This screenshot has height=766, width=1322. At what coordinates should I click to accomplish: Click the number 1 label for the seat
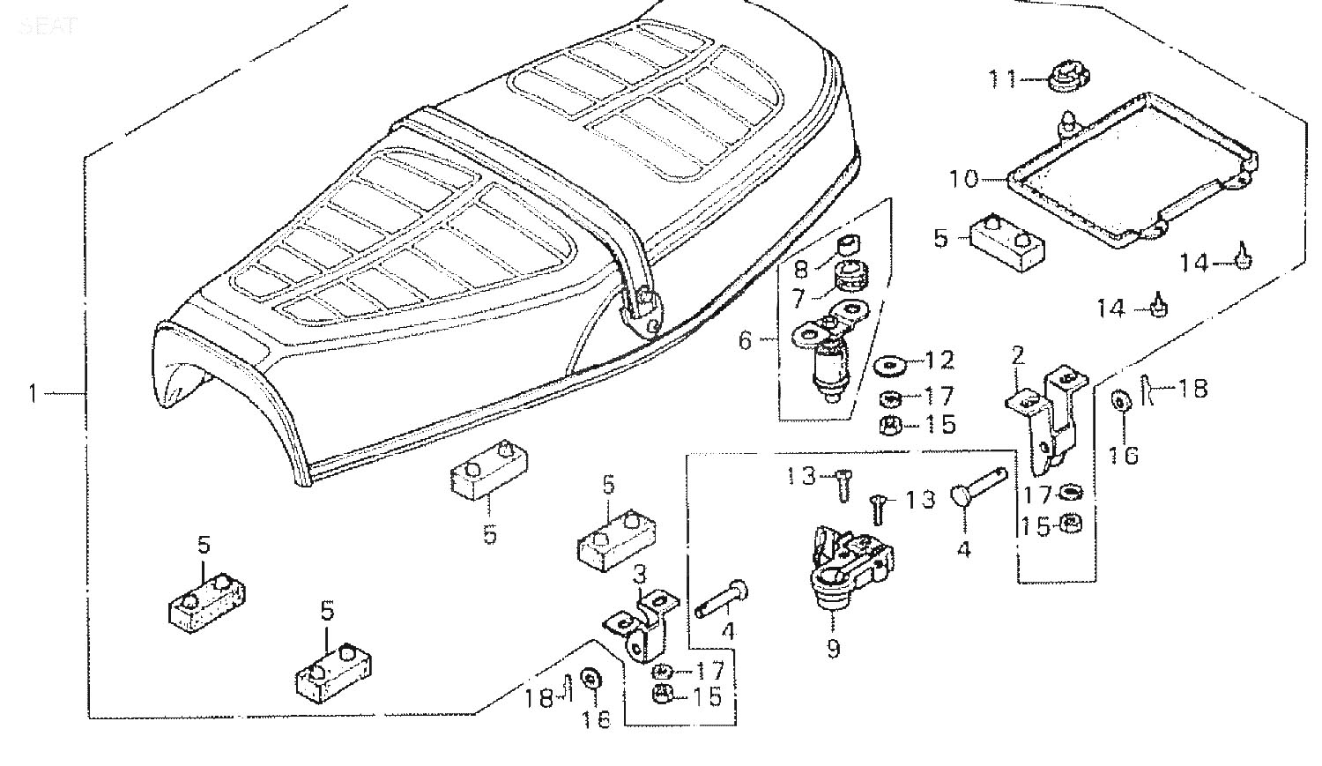click(x=33, y=393)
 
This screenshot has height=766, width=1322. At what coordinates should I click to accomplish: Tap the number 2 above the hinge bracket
click(x=1018, y=357)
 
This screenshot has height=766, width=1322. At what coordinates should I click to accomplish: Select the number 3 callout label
click(x=640, y=575)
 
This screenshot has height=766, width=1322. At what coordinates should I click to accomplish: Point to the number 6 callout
click(x=745, y=340)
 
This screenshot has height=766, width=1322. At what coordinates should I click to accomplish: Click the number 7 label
click(x=798, y=299)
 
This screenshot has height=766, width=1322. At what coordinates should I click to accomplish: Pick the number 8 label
click(x=800, y=268)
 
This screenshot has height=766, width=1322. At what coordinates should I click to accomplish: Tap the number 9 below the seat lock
click(x=833, y=649)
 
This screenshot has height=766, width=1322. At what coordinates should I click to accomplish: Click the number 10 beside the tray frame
click(x=964, y=179)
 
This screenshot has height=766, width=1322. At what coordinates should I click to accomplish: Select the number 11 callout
click(x=1001, y=79)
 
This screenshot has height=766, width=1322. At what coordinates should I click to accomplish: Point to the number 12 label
click(x=940, y=360)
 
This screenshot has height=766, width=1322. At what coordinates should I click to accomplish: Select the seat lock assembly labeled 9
click(x=848, y=564)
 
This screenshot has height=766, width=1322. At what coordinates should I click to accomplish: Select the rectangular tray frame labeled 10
click(x=1133, y=167)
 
